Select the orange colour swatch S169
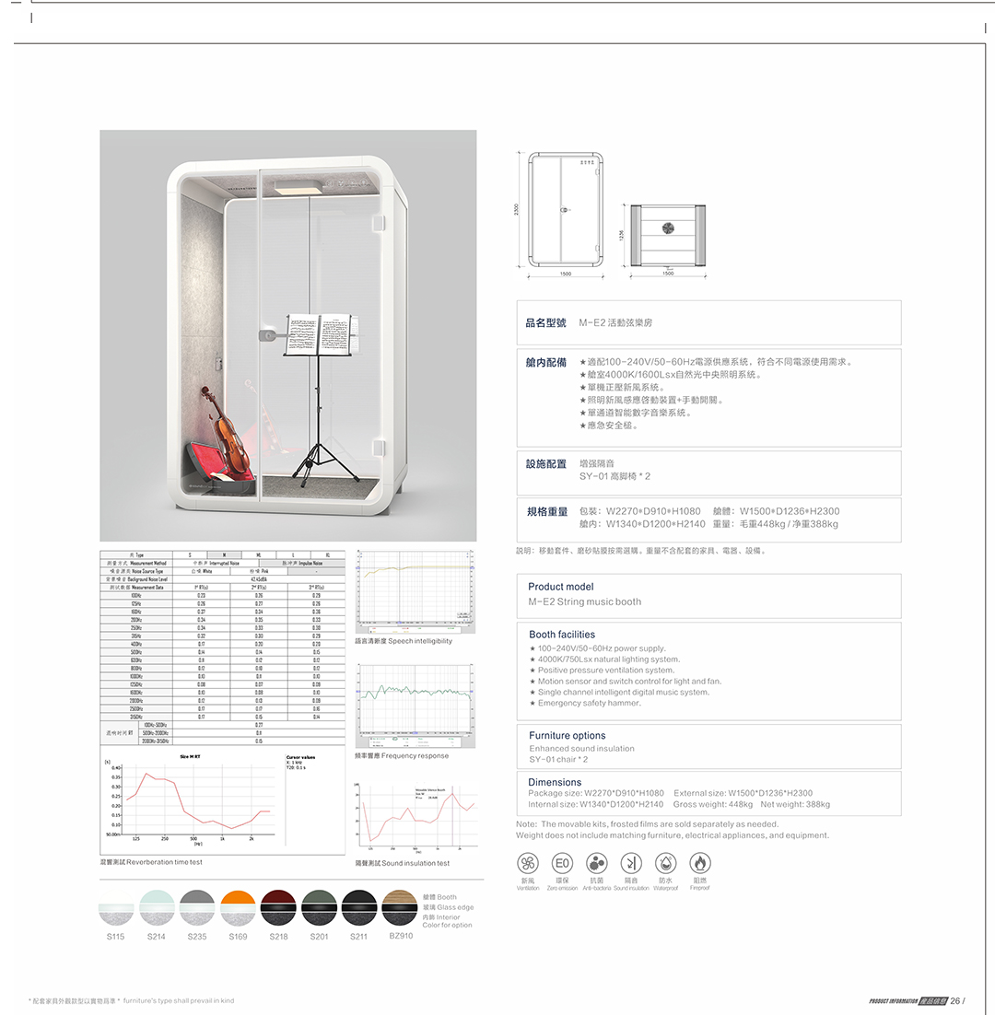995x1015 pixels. pyautogui.click(x=238, y=907)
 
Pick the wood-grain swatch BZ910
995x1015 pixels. pyautogui.click(x=400, y=907)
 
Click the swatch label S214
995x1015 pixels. pyautogui.click(x=157, y=937)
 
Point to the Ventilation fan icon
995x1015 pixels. pyautogui.click(x=528, y=863)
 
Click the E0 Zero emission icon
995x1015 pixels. pyautogui.click(x=562, y=863)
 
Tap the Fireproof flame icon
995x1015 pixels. pyautogui.click(x=700, y=863)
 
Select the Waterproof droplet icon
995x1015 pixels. pyautogui.click(x=666, y=863)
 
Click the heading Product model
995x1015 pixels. pyautogui.click(x=560, y=587)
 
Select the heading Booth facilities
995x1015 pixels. pyautogui.click(x=562, y=635)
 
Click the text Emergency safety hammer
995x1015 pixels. pyautogui.click(x=590, y=704)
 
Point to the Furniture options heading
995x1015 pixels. pyautogui.click(x=567, y=736)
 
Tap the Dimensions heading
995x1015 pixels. pyautogui.click(x=555, y=783)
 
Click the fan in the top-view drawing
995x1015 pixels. pyautogui.click(x=668, y=230)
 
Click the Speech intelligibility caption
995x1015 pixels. pyautogui.click(x=404, y=641)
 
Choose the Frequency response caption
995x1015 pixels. pyautogui.click(x=402, y=756)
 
